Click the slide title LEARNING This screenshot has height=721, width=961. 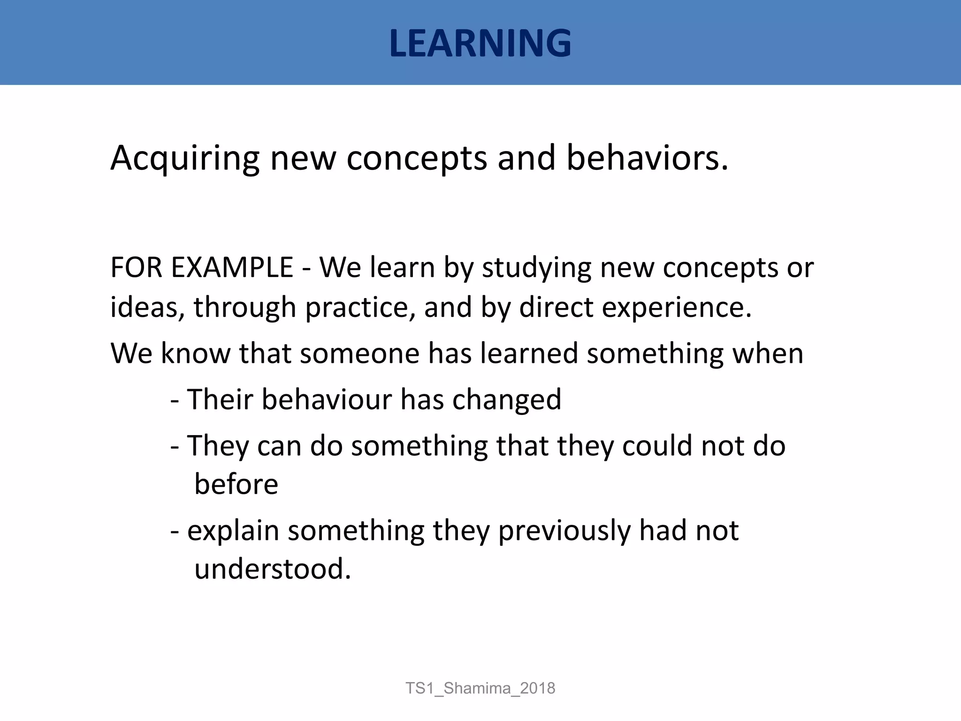[480, 43]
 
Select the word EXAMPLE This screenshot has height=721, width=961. [232, 268]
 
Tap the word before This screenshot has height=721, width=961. [236, 484]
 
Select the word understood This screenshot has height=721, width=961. [272, 569]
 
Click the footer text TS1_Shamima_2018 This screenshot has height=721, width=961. [480, 688]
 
